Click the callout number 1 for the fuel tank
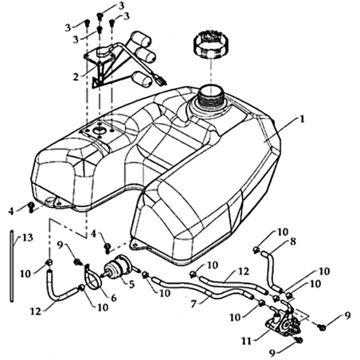[x=301, y=119]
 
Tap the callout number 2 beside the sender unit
[x=76, y=76]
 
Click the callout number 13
[x=28, y=237]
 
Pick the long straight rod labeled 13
[x=12, y=266]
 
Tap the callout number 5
[x=131, y=284]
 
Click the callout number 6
[x=113, y=298]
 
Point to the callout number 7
[x=194, y=303]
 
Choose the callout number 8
[x=292, y=242]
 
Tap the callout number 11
[x=246, y=341]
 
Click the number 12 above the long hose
[x=244, y=272]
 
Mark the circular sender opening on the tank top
[x=99, y=131]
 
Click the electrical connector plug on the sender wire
[x=160, y=80]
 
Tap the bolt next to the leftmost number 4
[x=31, y=207]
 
